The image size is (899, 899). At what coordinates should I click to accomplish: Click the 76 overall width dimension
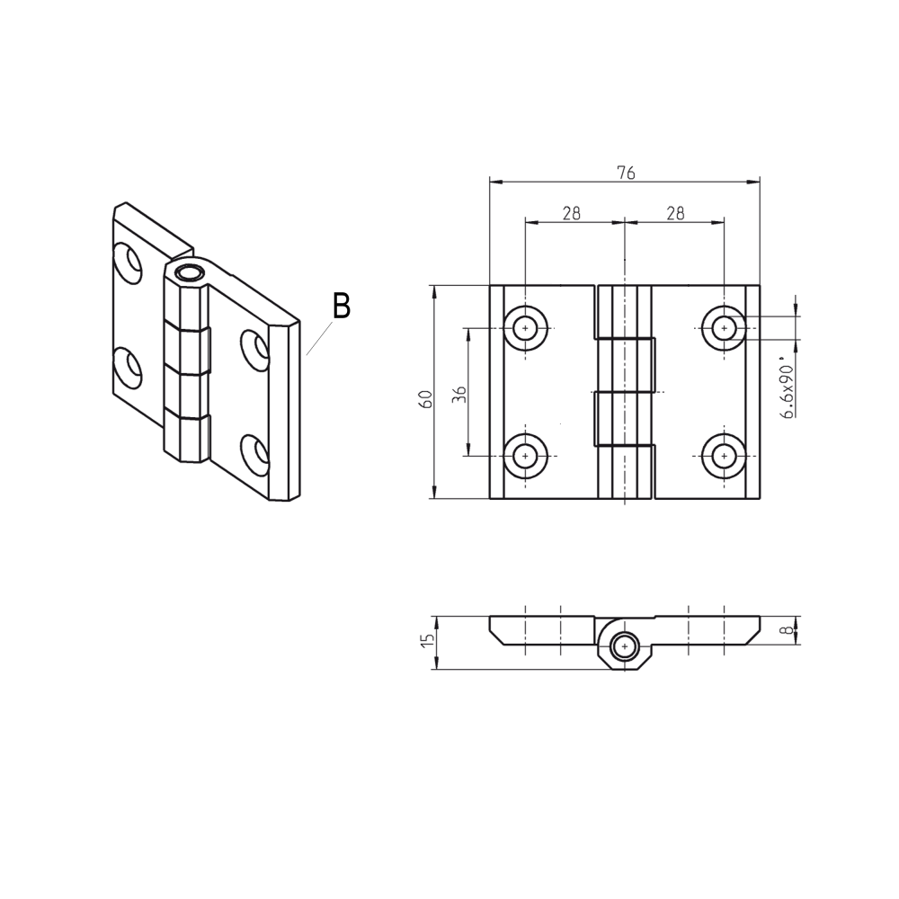(x=626, y=174)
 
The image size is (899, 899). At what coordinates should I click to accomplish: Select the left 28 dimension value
(x=572, y=213)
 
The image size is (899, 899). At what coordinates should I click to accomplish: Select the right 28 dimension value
(x=675, y=213)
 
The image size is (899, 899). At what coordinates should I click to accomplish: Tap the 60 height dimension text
(x=427, y=398)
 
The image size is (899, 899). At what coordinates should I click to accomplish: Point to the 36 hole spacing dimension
(x=458, y=394)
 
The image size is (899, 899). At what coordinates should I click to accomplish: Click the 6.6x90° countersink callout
(x=787, y=391)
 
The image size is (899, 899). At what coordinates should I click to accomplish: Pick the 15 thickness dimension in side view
(x=427, y=641)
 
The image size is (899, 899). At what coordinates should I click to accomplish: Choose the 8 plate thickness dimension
(x=788, y=631)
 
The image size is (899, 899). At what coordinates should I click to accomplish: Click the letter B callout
(x=341, y=306)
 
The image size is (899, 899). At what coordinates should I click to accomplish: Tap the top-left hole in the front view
(x=527, y=328)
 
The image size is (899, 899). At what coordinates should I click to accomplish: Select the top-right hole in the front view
(x=724, y=328)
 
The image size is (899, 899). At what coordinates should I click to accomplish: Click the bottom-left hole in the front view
(x=527, y=456)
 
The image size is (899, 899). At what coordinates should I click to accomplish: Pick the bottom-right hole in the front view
(x=724, y=456)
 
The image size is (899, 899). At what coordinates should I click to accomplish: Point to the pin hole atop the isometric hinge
(x=190, y=273)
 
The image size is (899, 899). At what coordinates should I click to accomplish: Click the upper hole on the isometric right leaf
(x=254, y=349)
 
